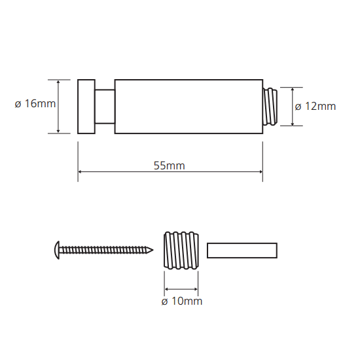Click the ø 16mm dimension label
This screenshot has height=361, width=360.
point(35,103)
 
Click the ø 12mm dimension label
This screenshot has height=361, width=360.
point(315,107)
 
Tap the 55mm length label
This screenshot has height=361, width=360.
point(170,165)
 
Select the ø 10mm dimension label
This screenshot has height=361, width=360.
point(182,301)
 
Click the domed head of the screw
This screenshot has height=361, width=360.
point(57,250)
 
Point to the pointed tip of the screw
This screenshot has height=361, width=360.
point(152,250)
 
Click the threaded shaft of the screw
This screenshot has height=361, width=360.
point(103,250)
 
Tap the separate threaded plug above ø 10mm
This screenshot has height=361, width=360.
point(181,250)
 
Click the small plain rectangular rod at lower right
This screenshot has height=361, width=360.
point(242,250)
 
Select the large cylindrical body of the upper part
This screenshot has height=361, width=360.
point(189,107)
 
